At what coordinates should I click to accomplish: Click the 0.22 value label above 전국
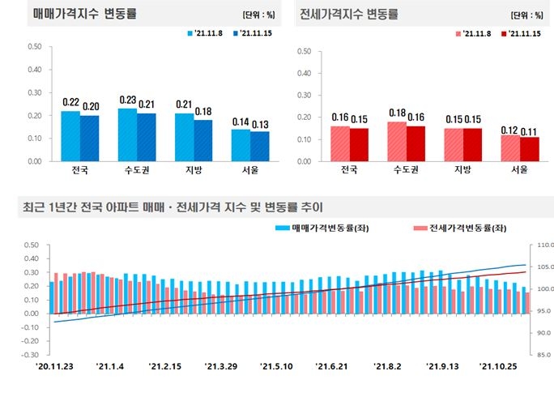point(70,103)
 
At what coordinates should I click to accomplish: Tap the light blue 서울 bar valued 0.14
point(241,144)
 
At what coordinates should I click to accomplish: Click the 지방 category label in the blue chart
point(184,170)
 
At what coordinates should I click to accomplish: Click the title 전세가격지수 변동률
point(349,15)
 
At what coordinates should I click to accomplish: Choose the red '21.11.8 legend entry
point(475,33)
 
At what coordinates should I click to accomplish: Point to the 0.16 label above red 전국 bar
point(339,117)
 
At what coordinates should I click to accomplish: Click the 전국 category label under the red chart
point(349,170)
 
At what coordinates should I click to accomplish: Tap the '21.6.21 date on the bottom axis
point(333,366)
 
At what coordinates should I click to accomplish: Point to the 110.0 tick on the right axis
point(540,245)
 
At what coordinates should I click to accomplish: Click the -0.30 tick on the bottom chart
point(31,355)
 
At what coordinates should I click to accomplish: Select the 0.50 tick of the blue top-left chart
point(34,46)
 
